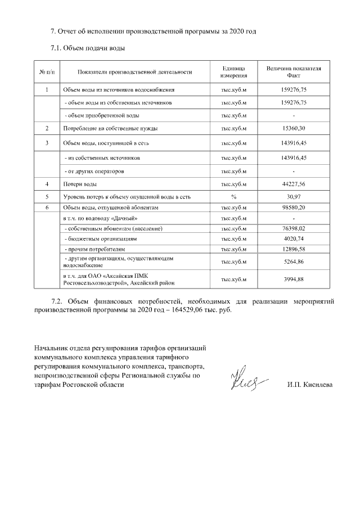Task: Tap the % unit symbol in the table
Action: click(x=233, y=197)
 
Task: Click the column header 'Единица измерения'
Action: click(x=233, y=72)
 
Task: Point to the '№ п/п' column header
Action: click(x=47, y=72)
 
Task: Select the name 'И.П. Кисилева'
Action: click(x=309, y=385)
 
